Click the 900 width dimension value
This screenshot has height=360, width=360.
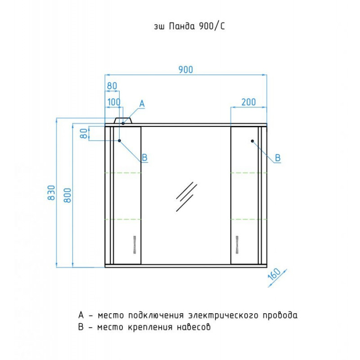[x=185, y=69]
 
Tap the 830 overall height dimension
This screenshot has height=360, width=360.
[x=51, y=193]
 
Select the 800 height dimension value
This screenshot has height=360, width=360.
[x=67, y=195]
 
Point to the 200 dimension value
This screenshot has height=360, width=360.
[x=248, y=102]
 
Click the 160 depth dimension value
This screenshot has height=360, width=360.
[x=274, y=274]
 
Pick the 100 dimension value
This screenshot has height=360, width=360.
[x=114, y=102]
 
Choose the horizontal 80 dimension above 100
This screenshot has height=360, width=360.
[x=112, y=86]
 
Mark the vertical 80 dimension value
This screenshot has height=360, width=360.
[x=84, y=133]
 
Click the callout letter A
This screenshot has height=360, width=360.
[x=142, y=104]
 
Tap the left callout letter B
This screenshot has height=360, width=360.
[x=144, y=157]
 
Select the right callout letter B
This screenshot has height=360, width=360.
[x=278, y=158]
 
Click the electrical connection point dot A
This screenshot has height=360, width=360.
[x=123, y=123]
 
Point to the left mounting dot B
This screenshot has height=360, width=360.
[x=119, y=140]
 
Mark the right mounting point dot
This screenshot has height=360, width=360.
[x=252, y=141]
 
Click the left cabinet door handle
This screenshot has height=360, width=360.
[x=135, y=245]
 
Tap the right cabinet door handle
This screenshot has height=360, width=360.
[x=237, y=245]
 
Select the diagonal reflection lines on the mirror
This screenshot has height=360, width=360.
[x=186, y=197]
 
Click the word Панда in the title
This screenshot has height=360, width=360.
[x=182, y=27]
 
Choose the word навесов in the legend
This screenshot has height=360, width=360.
[x=193, y=327]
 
